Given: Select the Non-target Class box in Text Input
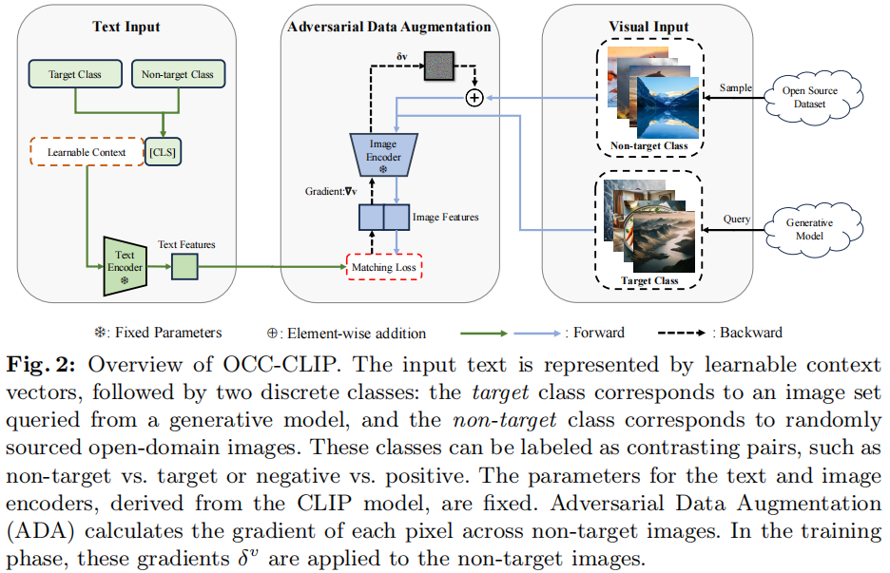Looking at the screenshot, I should click(177, 73).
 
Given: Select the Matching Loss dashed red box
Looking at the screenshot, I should click(383, 268).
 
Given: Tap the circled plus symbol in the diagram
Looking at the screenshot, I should click(474, 97).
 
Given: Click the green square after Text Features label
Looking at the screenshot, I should click(184, 268).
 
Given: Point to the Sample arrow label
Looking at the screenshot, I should click(735, 87).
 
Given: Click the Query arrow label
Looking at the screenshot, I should click(736, 219).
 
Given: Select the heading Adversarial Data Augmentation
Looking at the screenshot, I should click(389, 27).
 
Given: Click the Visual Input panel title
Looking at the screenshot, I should click(648, 27).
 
